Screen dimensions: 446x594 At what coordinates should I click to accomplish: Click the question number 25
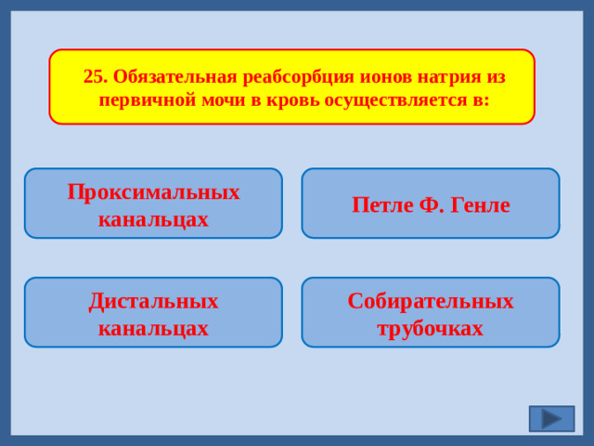(95, 76)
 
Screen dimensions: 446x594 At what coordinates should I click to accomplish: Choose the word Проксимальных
(153, 191)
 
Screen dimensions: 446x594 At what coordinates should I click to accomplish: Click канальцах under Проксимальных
(153, 219)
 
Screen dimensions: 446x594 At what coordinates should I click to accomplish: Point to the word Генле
(480, 205)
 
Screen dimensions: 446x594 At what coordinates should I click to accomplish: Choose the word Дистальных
(153, 301)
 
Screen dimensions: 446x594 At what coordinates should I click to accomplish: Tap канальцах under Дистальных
(153, 329)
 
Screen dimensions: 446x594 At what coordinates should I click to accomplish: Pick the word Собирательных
(431, 301)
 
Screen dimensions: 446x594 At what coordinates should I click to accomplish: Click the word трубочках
(431, 329)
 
